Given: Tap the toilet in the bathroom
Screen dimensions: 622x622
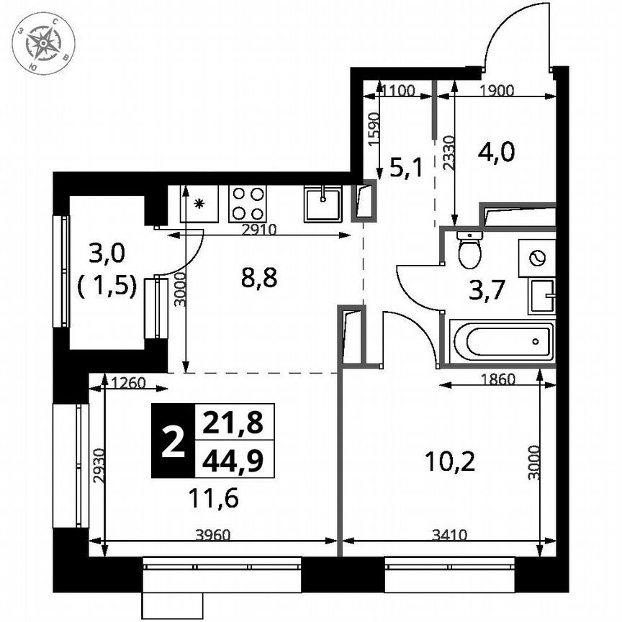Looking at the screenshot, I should [x=471, y=251].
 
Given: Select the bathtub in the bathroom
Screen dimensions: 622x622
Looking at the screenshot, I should [x=502, y=342].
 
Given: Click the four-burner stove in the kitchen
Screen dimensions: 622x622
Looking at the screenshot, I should [x=248, y=203].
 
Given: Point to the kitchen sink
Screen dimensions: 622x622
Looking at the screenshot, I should [x=325, y=202].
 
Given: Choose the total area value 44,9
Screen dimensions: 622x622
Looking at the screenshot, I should [x=234, y=459].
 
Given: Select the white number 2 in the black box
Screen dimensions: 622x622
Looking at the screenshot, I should [x=172, y=441].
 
